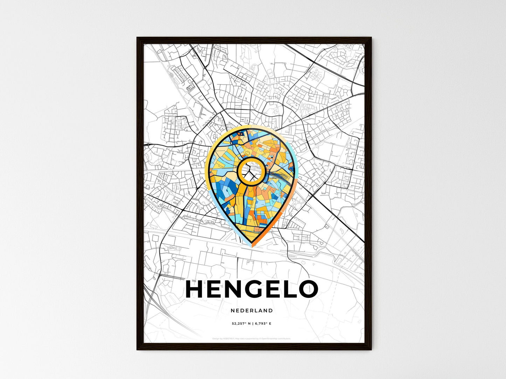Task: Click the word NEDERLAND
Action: tap(252, 310)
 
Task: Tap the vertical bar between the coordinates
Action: tap(252, 324)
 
